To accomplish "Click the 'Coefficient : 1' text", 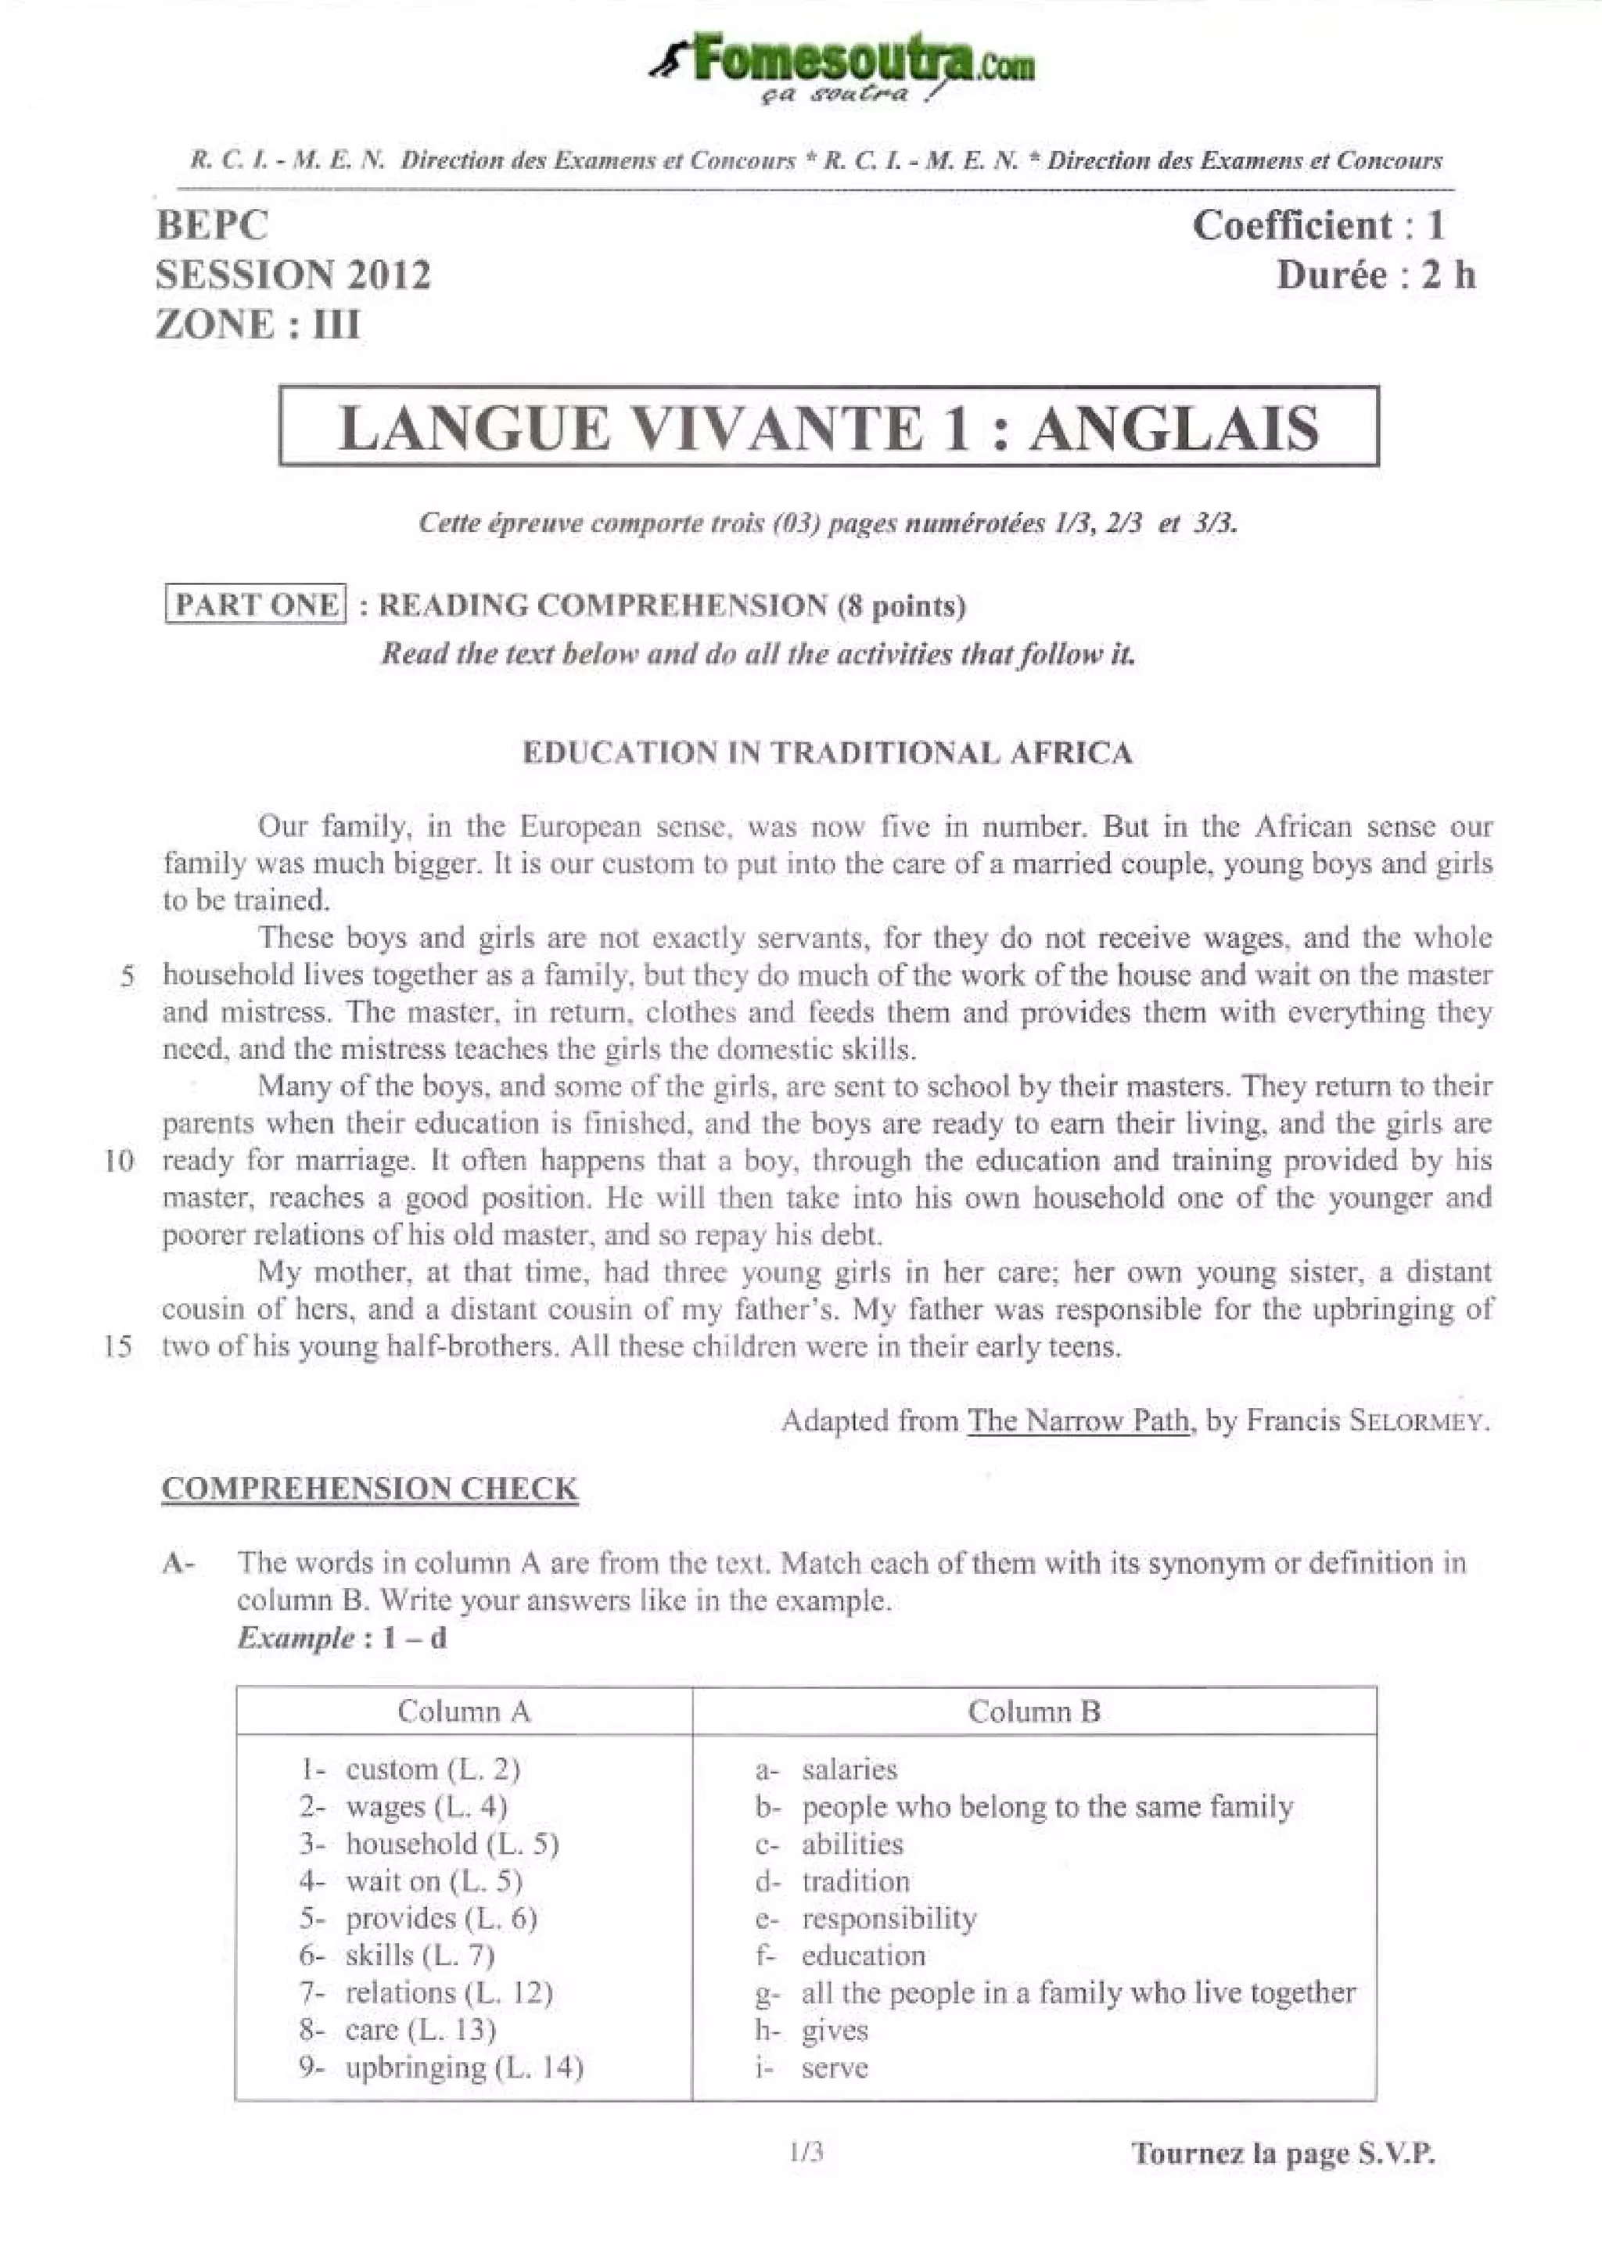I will click(x=1318, y=226).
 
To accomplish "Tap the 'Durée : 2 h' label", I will click(x=1375, y=275).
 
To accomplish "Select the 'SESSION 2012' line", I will click(x=293, y=275).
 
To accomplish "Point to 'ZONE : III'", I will click(x=257, y=325).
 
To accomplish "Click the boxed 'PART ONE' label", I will click(x=256, y=605).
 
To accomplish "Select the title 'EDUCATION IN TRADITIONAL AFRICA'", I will click(x=827, y=753).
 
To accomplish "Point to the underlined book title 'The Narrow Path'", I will click(x=1078, y=1421).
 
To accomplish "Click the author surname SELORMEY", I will click(x=1418, y=1421).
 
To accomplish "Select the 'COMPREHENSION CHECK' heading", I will click(x=370, y=1489).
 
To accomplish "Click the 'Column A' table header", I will click(x=464, y=1712).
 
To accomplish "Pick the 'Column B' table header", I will click(x=1033, y=1712).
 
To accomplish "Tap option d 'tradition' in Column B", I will click(x=854, y=1881).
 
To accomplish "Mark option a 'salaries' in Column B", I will click(x=849, y=1769).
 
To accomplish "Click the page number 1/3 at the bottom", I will click(x=806, y=2153).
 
